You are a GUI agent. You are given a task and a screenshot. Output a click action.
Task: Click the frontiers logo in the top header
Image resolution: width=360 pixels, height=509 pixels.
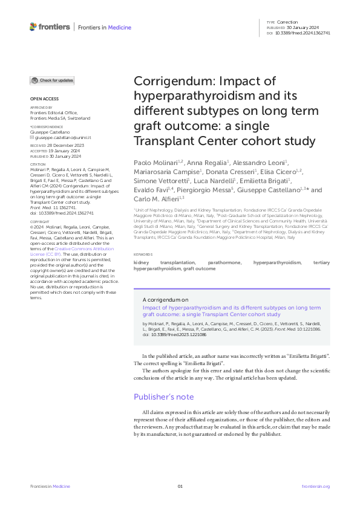point(49,27)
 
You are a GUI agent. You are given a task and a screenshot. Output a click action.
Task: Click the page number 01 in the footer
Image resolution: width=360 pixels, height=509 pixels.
point(180,486)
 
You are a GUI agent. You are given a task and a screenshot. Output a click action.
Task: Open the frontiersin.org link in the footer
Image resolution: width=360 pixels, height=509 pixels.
point(315,486)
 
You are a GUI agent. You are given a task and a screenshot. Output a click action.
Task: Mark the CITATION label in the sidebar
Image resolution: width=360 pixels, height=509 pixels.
point(38,164)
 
